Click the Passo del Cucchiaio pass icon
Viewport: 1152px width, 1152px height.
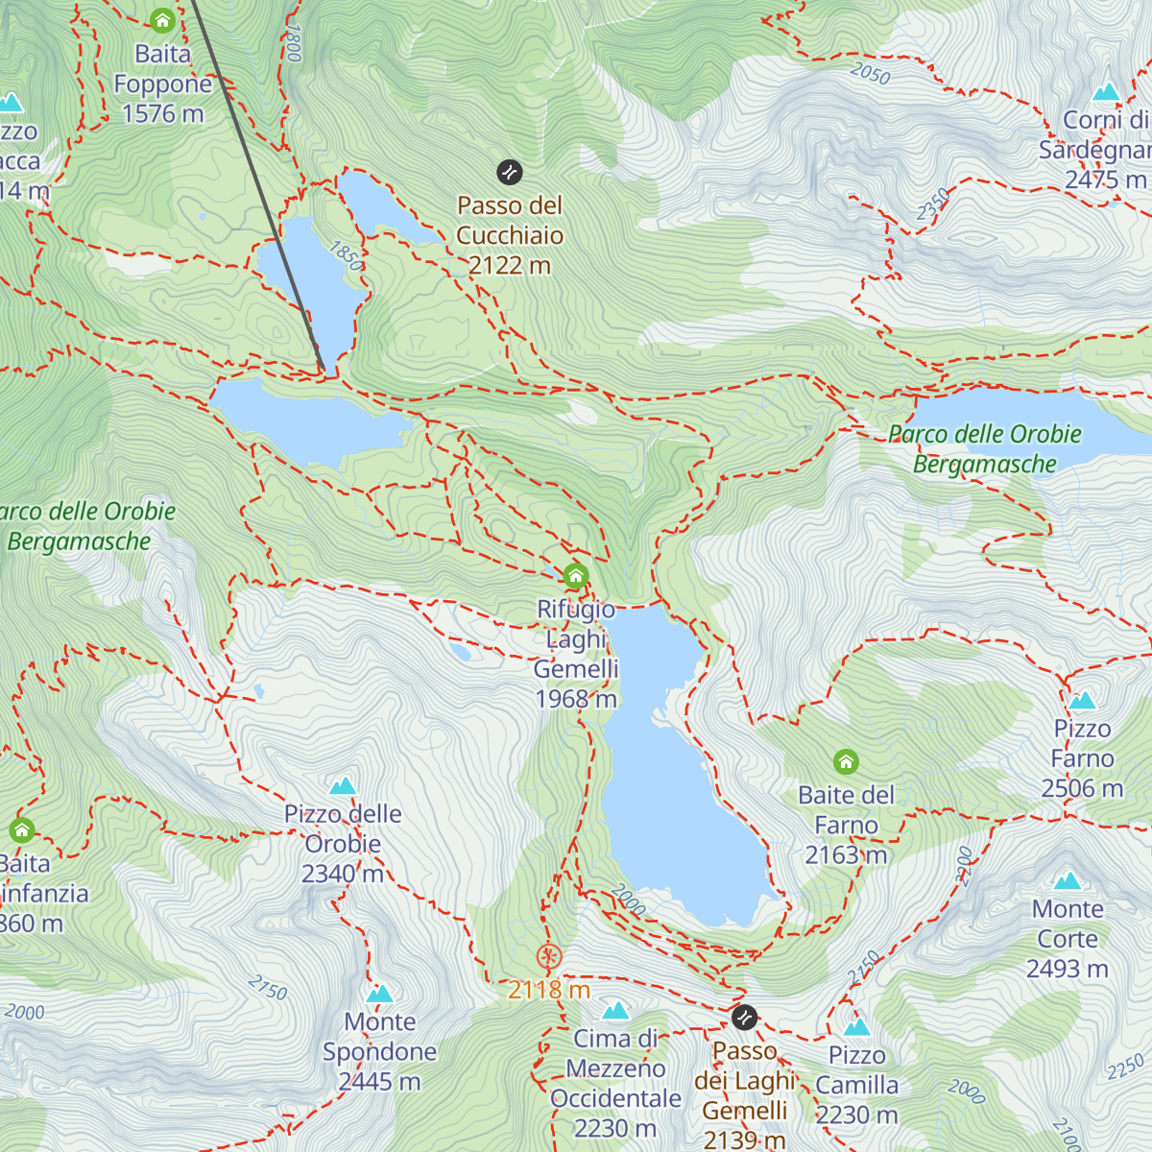pyautogui.click(x=509, y=173)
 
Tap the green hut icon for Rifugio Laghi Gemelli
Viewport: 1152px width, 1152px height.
pyautogui.click(x=575, y=576)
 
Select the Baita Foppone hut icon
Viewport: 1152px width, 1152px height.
pyautogui.click(x=162, y=20)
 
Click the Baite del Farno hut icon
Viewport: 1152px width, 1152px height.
pyautogui.click(x=845, y=762)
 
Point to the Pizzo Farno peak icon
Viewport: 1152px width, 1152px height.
pyautogui.click(x=1082, y=700)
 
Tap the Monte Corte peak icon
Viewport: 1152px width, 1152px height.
pyautogui.click(x=1068, y=880)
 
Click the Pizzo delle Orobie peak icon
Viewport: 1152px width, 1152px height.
pyautogui.click(x=343, y=786)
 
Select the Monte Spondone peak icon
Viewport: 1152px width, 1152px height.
pyautogui.click(x=380, y=994)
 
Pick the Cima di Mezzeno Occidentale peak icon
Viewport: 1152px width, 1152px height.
pyautogui.click(x=615, y=1010)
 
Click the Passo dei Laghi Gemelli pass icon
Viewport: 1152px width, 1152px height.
pyautogui.click(x=744, y=1018)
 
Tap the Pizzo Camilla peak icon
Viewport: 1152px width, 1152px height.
pyautogui.click(x=856, y=1027)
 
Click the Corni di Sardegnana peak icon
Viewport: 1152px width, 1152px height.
pyautogui.click(x=1106, y=92)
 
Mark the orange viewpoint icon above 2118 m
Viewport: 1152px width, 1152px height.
pyautogui.click(x=548, y=956)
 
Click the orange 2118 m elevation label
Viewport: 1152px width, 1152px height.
pyautogui.click(x=549, y=990)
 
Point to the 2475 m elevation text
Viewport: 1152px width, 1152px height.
pyautogui.click(x=1105, y=180)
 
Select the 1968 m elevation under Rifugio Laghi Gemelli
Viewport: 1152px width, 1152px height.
pyautogui.click(x=576, y=699)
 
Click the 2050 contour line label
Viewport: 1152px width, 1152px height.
pyautogui.click(x=870, y=73)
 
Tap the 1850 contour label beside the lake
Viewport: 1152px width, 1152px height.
pyautogui.click(x=346, y=255)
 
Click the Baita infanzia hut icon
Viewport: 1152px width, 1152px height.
pyautogui.click(x=21, y=829)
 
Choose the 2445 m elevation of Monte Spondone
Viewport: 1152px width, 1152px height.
pyautogui.click(x=379, y=1082)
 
